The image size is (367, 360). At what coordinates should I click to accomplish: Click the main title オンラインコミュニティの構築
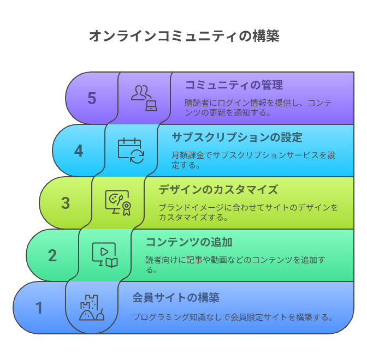[x=184, y=36]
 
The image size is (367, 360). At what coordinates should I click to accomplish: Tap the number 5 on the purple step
[x=92, y=98]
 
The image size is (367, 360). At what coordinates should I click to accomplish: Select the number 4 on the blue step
[x=79, y=151]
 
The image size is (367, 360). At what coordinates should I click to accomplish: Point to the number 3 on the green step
[x=66, y=203]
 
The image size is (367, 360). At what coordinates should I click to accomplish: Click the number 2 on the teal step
[x=52, y=255]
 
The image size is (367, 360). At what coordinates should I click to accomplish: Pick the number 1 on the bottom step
[x=39, y=308]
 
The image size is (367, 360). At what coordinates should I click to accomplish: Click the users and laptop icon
[x=144, y=98]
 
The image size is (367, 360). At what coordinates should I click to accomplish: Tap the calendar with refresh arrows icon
[x=131, y=151]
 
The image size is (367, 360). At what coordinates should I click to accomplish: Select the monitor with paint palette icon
[x=118, y=203]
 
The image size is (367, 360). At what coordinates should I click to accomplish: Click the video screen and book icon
[x=105, y=255]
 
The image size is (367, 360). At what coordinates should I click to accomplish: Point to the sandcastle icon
[x=92, y=308]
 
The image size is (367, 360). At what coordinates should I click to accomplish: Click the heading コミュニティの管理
[x=234, y=85]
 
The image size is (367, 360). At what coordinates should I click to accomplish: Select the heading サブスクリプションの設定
[x=237, y=137]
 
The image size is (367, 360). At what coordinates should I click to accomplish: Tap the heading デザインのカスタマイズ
[x=218, y=190]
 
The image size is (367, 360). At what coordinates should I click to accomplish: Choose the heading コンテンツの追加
[x=189, y=242]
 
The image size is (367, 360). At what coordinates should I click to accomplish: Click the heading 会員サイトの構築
[x=176, y=298]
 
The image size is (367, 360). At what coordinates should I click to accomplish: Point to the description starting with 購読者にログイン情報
[x=258, y=107]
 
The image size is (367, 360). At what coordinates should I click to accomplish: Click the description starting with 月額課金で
[x=253, y=160]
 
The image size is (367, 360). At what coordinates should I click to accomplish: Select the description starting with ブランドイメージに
[x=248, y=212]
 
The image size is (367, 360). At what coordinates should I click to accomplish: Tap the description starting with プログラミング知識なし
[x=233, y=317]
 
